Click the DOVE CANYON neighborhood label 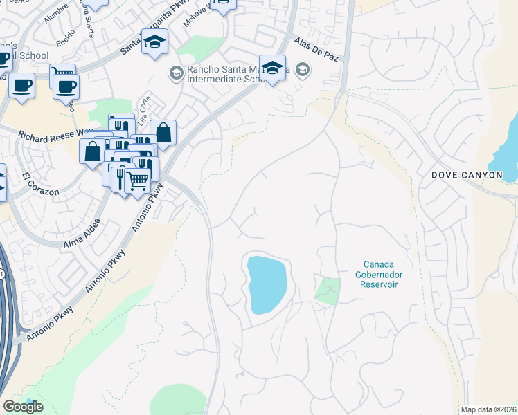coord(467,175)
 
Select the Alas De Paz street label coord(315,51)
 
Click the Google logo coord(23,407)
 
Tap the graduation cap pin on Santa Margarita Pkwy coord(155,41)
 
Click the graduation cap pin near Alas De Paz coord(273,68)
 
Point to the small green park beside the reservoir coord(328,290)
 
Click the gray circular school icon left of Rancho coord(176,72)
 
